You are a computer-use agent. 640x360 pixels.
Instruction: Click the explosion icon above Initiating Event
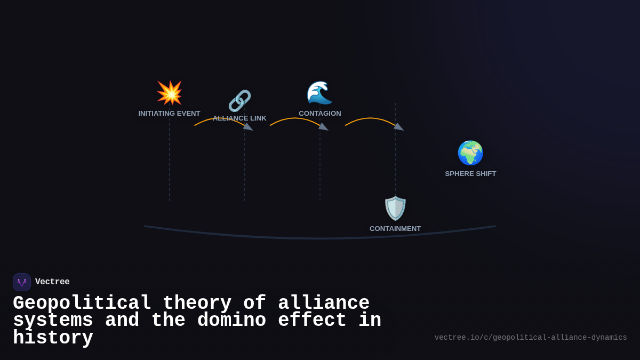pyautogui.click(x=170, y=93)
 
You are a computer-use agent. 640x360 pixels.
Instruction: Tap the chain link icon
pyautogui.click(x=239, y=101)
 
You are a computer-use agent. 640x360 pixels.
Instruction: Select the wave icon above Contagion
pyautogui.click(x=319, y=93)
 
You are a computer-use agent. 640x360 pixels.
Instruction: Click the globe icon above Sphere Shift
pyautogui.click(x=470, y=153)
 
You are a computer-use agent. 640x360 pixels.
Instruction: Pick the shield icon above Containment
pyautogui.click(x=395, y=208)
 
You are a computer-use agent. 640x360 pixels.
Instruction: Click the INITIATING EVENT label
pyautogui.click(x=169, y=114)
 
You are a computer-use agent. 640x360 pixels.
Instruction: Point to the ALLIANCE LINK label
pyautogui.click(x=239, y=118)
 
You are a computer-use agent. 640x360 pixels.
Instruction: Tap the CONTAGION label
pyautogui.click(x=320, y=114)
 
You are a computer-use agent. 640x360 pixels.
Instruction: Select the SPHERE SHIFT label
pyautogui.click(x=470, y=174)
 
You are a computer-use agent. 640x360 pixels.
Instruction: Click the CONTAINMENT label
pyautogui.click(x=395, y=229)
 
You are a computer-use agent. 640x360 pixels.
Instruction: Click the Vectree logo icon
pyautogui.click(x=22, y=282)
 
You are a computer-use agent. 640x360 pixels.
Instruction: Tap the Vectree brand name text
pyautogui.click(x=52, y=282)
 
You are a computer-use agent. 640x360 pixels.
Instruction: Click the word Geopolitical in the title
pyautogui.click(x=82, y=303)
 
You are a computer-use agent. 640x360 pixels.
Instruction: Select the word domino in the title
pyautogui.click(x=231, y=321)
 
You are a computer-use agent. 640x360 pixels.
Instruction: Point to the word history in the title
pyautogui.click(x=53, y=338)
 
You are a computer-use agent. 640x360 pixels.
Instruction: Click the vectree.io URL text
pyautogui.click(x=531, y=338)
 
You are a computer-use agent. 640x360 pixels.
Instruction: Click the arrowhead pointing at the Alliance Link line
pyautogui.click(x=248, y=127)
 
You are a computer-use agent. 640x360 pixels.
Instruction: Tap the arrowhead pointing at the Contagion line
pyautogui.click(x=323, y=127)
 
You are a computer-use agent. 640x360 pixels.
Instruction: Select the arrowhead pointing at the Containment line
pyautogui.click(x=398, y=127)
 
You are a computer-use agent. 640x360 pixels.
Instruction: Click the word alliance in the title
pyautogui.click(x=324, y=303)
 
